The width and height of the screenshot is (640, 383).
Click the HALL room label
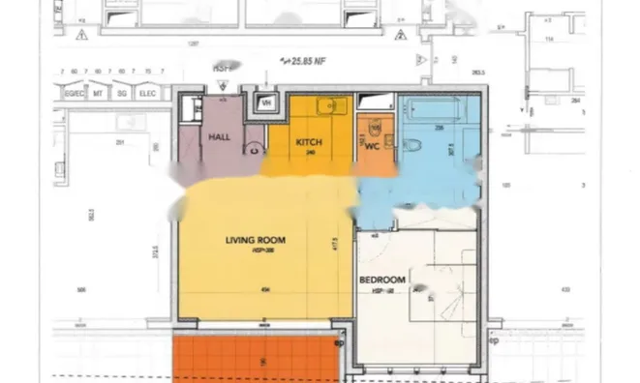click(x=218, y=137)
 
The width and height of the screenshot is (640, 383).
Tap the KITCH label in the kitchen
click(x=310, y=143)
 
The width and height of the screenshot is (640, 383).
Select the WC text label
click(x=371, y=146)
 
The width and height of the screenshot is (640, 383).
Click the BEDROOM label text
click(x=382, y=280)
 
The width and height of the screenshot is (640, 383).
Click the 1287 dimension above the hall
click(x=194, y=44)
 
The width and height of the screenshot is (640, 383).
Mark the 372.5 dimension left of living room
click(x=156, y=253)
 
